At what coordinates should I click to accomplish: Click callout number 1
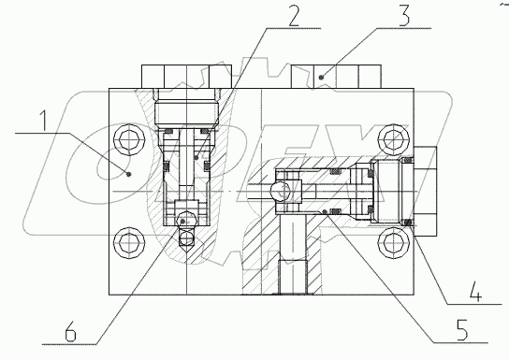point(43,122)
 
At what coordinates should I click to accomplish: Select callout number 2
point(294,15)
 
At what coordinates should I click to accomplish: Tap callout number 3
point(404,16)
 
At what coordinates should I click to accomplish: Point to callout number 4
point(475,292)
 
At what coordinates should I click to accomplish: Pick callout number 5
point(462,330)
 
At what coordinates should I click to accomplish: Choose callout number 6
point(70,331)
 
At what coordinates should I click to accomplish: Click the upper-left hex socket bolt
point(128,140)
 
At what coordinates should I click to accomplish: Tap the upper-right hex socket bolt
point(394,140)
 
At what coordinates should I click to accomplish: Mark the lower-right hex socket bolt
point(394,243)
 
